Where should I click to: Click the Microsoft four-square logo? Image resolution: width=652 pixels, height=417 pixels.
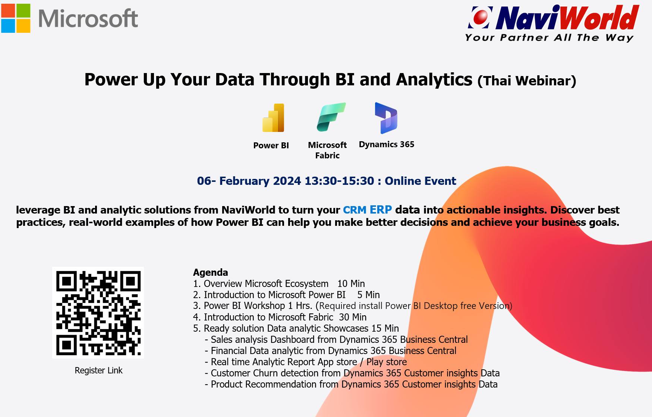[16, 18]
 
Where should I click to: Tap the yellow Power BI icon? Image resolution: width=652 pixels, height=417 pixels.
[273, 118]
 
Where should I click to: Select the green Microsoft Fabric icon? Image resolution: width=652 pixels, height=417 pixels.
[331, 117]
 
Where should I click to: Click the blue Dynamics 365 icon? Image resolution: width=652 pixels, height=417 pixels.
[386, 118]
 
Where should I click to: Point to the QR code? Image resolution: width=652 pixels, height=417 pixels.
[98, 313]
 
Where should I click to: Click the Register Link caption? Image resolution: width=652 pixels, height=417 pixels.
[98, 370]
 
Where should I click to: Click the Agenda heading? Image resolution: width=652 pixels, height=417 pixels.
[210, 272]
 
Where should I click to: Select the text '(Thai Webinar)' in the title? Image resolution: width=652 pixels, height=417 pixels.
[527, 80]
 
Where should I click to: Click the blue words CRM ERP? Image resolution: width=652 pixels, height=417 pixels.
[367, 210]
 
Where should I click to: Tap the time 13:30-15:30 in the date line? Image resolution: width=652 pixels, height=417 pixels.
[339, 181]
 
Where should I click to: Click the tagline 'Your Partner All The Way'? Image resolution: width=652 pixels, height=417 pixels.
[549, 38]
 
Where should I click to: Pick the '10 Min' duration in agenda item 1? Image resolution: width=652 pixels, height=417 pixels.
[351, 284]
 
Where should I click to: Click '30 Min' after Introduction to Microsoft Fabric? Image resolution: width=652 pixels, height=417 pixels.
[353, 317]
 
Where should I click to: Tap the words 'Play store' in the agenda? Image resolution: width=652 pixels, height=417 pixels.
[387, 362]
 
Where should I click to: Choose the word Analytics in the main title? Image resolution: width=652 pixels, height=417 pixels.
[434, 80]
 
